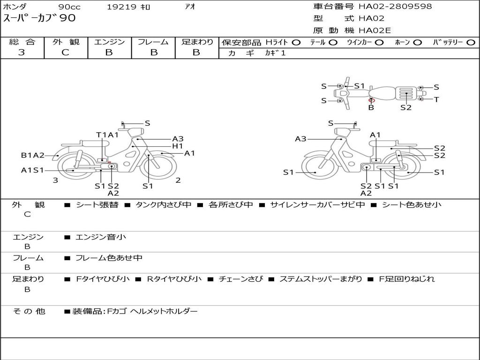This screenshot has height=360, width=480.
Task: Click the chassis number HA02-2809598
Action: coord(395,6)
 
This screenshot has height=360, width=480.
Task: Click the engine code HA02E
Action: coord(375,30)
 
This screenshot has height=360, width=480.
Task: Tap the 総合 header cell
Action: coord(22,42)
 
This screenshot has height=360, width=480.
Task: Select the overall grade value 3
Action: coord(22,52)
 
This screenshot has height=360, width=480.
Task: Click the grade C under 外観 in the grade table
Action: coord(66,52)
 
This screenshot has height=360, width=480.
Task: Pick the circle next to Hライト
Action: coord(296,43)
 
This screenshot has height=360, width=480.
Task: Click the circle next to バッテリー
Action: coord(471,43)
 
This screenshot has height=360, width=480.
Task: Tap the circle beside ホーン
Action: coord(418,43)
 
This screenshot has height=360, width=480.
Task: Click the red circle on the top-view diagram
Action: coord(372,100)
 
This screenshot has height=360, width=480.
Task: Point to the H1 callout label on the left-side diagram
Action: coord(177,146)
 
